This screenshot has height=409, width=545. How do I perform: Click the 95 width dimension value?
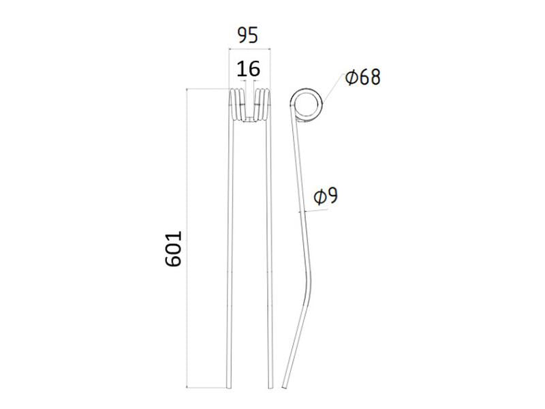[x=247, y=35]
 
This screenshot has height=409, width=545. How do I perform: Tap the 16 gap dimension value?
[x=248, y=69]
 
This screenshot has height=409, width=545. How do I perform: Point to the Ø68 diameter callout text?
[x=362, y=77]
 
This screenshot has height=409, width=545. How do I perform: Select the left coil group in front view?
[x=238, y=106]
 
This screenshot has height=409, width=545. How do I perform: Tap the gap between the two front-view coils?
[x=250, y=102]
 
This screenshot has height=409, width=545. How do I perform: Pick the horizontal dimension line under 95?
[x=249, y=48]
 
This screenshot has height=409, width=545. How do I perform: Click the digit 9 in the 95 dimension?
[x=241, y=35]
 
